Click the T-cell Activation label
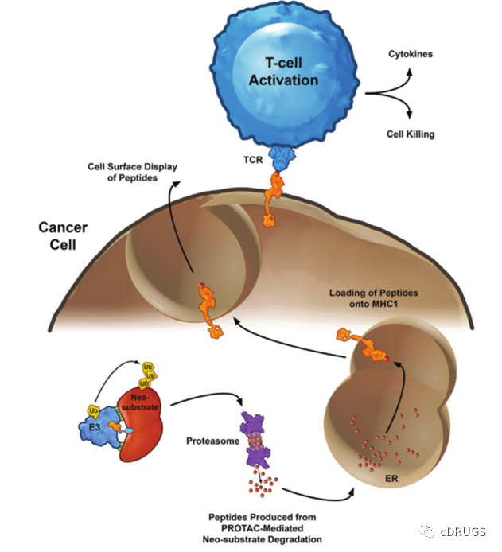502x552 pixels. (283, 72)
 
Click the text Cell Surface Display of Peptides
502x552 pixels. (131, 173)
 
